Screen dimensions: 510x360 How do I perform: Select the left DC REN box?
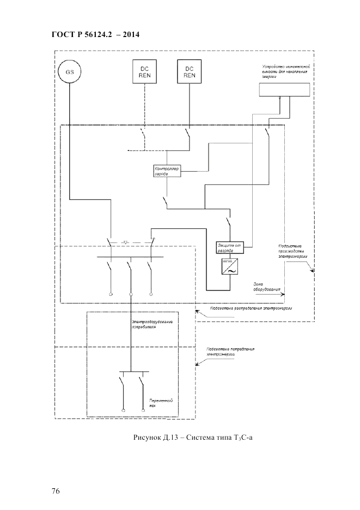pos(144,72)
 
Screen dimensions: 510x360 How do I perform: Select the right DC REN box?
pos(190,72)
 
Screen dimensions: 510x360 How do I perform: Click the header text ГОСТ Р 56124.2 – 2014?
pos(96,34)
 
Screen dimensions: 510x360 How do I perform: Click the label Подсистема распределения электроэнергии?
pos(248,308)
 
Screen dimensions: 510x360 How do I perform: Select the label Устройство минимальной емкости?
pos(284,71)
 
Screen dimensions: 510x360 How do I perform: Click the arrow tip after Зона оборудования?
pos(283,293)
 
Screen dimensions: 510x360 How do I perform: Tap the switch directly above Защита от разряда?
pos(229,223)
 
